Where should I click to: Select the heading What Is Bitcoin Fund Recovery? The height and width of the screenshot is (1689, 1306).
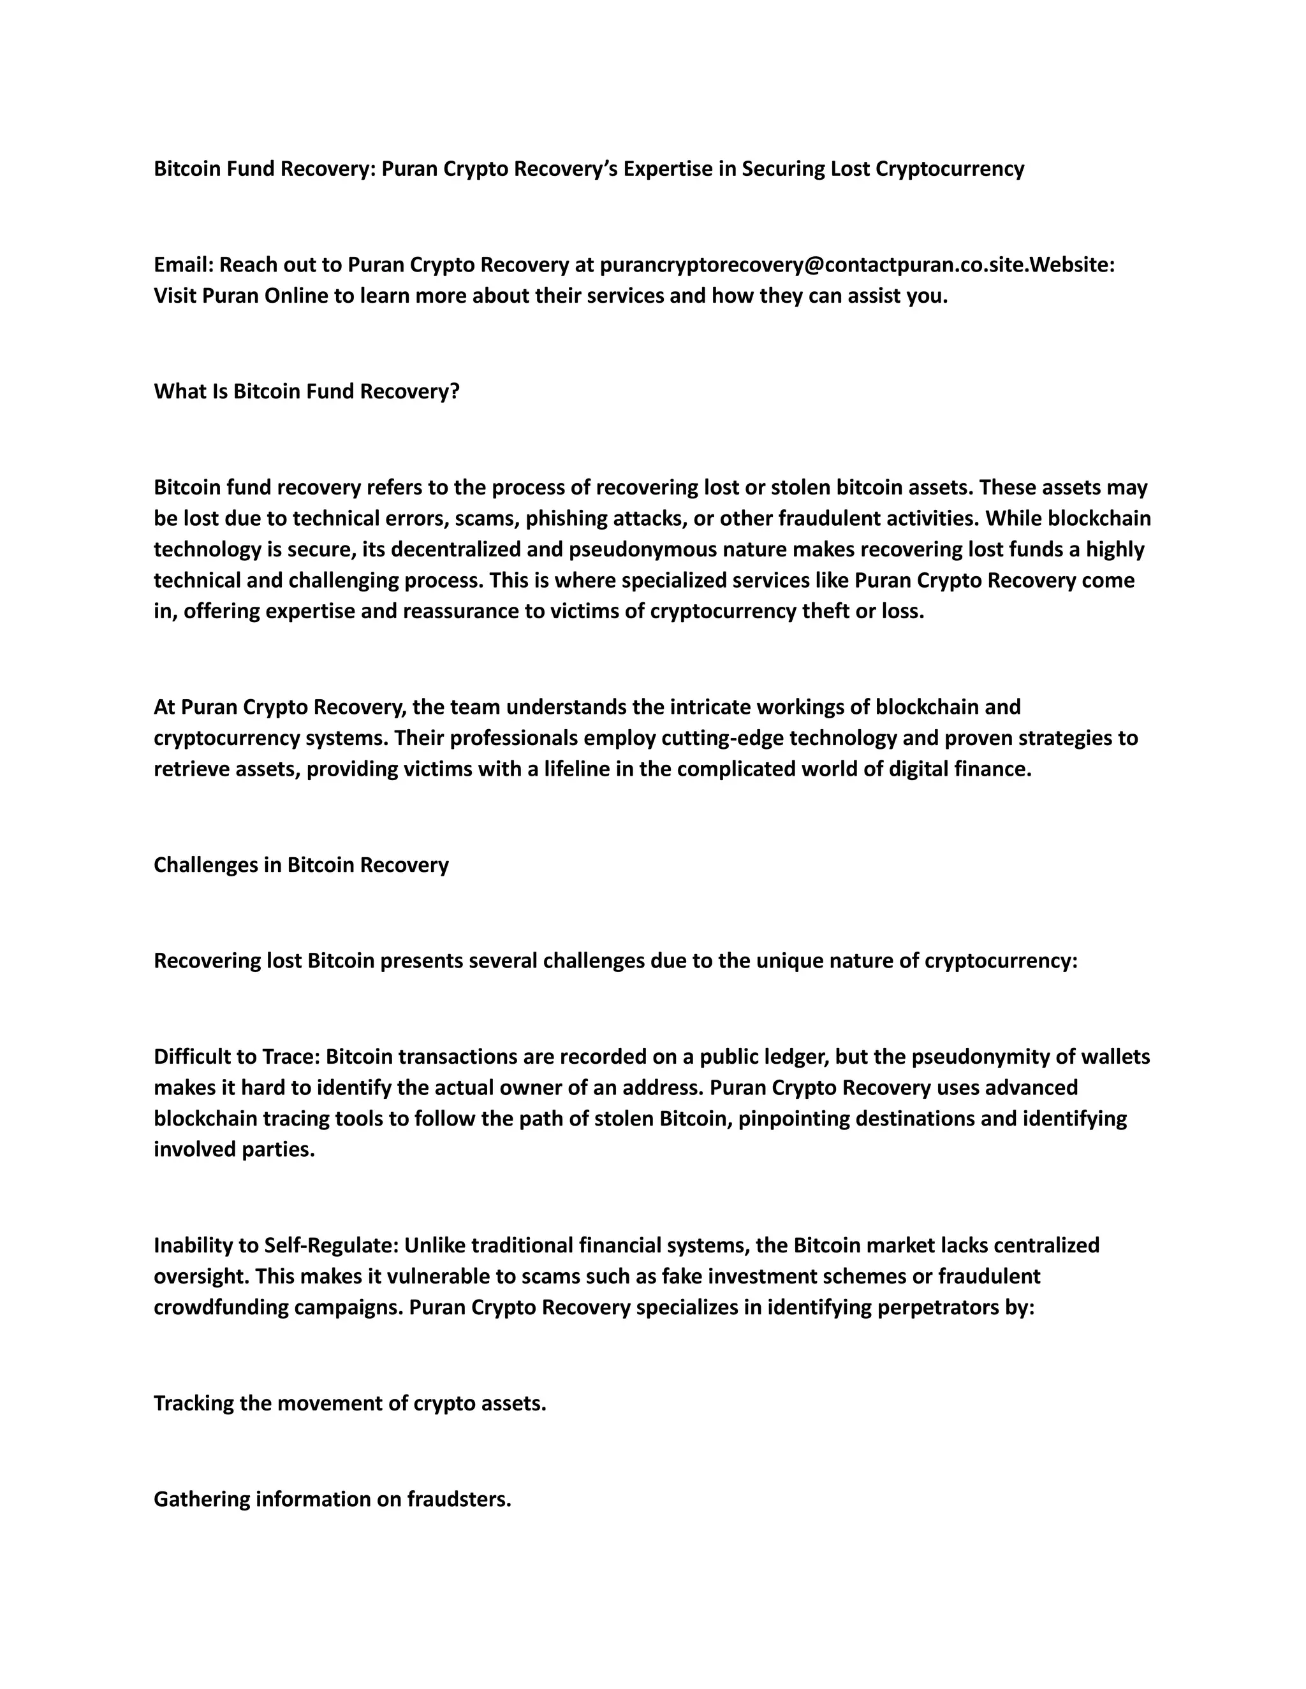(x=306, y=391)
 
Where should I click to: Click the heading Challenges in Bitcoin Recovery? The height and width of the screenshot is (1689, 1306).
(x=301, y=865)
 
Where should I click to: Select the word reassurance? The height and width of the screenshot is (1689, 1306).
(x=441, y=611)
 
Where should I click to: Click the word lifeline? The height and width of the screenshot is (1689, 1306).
(x=571, y=769)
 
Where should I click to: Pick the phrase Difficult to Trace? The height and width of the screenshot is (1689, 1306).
(x=237, y=1056)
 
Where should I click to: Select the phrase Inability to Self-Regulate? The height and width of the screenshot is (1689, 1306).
(x=275, y=1245)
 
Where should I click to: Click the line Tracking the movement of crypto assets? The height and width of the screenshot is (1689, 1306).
(x=349, y=1403)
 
